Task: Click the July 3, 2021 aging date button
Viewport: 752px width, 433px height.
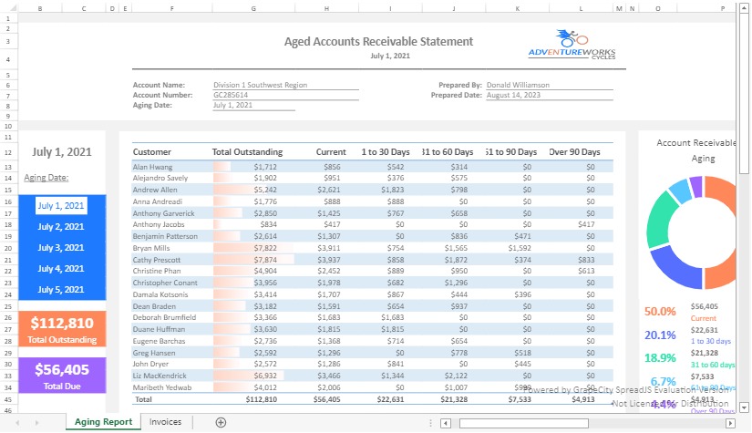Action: pyautogui.click(x=61, y=248)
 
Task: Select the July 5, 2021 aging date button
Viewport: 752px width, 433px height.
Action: pyautogui.click(x=61, y=290)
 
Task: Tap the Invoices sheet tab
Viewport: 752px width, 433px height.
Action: pyautogui.click(x=165, y=422)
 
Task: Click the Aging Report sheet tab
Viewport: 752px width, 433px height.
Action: pyautogui.click(x=103, y=422)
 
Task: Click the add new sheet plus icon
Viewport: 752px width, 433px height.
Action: pyautogui.click(x=221, y=422)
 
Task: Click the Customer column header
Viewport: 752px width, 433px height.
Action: pyautogui.click(x=152, y=151)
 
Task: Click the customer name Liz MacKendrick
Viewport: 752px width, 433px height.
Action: pyautogui.click(x=161, y=376)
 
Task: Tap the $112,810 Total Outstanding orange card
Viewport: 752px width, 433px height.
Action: pyautogui.click(x=61, y=328)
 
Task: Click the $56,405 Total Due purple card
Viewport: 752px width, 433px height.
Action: pyautogui.click(x=61, y=375)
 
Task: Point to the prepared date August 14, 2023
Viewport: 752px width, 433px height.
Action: pyautogui.click(x=513, y=95)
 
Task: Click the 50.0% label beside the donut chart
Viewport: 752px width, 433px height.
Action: pyautogui.click(x=660, y=312)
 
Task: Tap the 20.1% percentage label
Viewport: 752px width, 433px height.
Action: pyautogui.click(x=660, y=335)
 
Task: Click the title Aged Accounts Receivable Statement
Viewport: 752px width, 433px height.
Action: pyautogui.click(x=378, y=42)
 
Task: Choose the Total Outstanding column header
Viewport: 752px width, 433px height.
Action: pyautogui.click(x=247, y=151)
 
